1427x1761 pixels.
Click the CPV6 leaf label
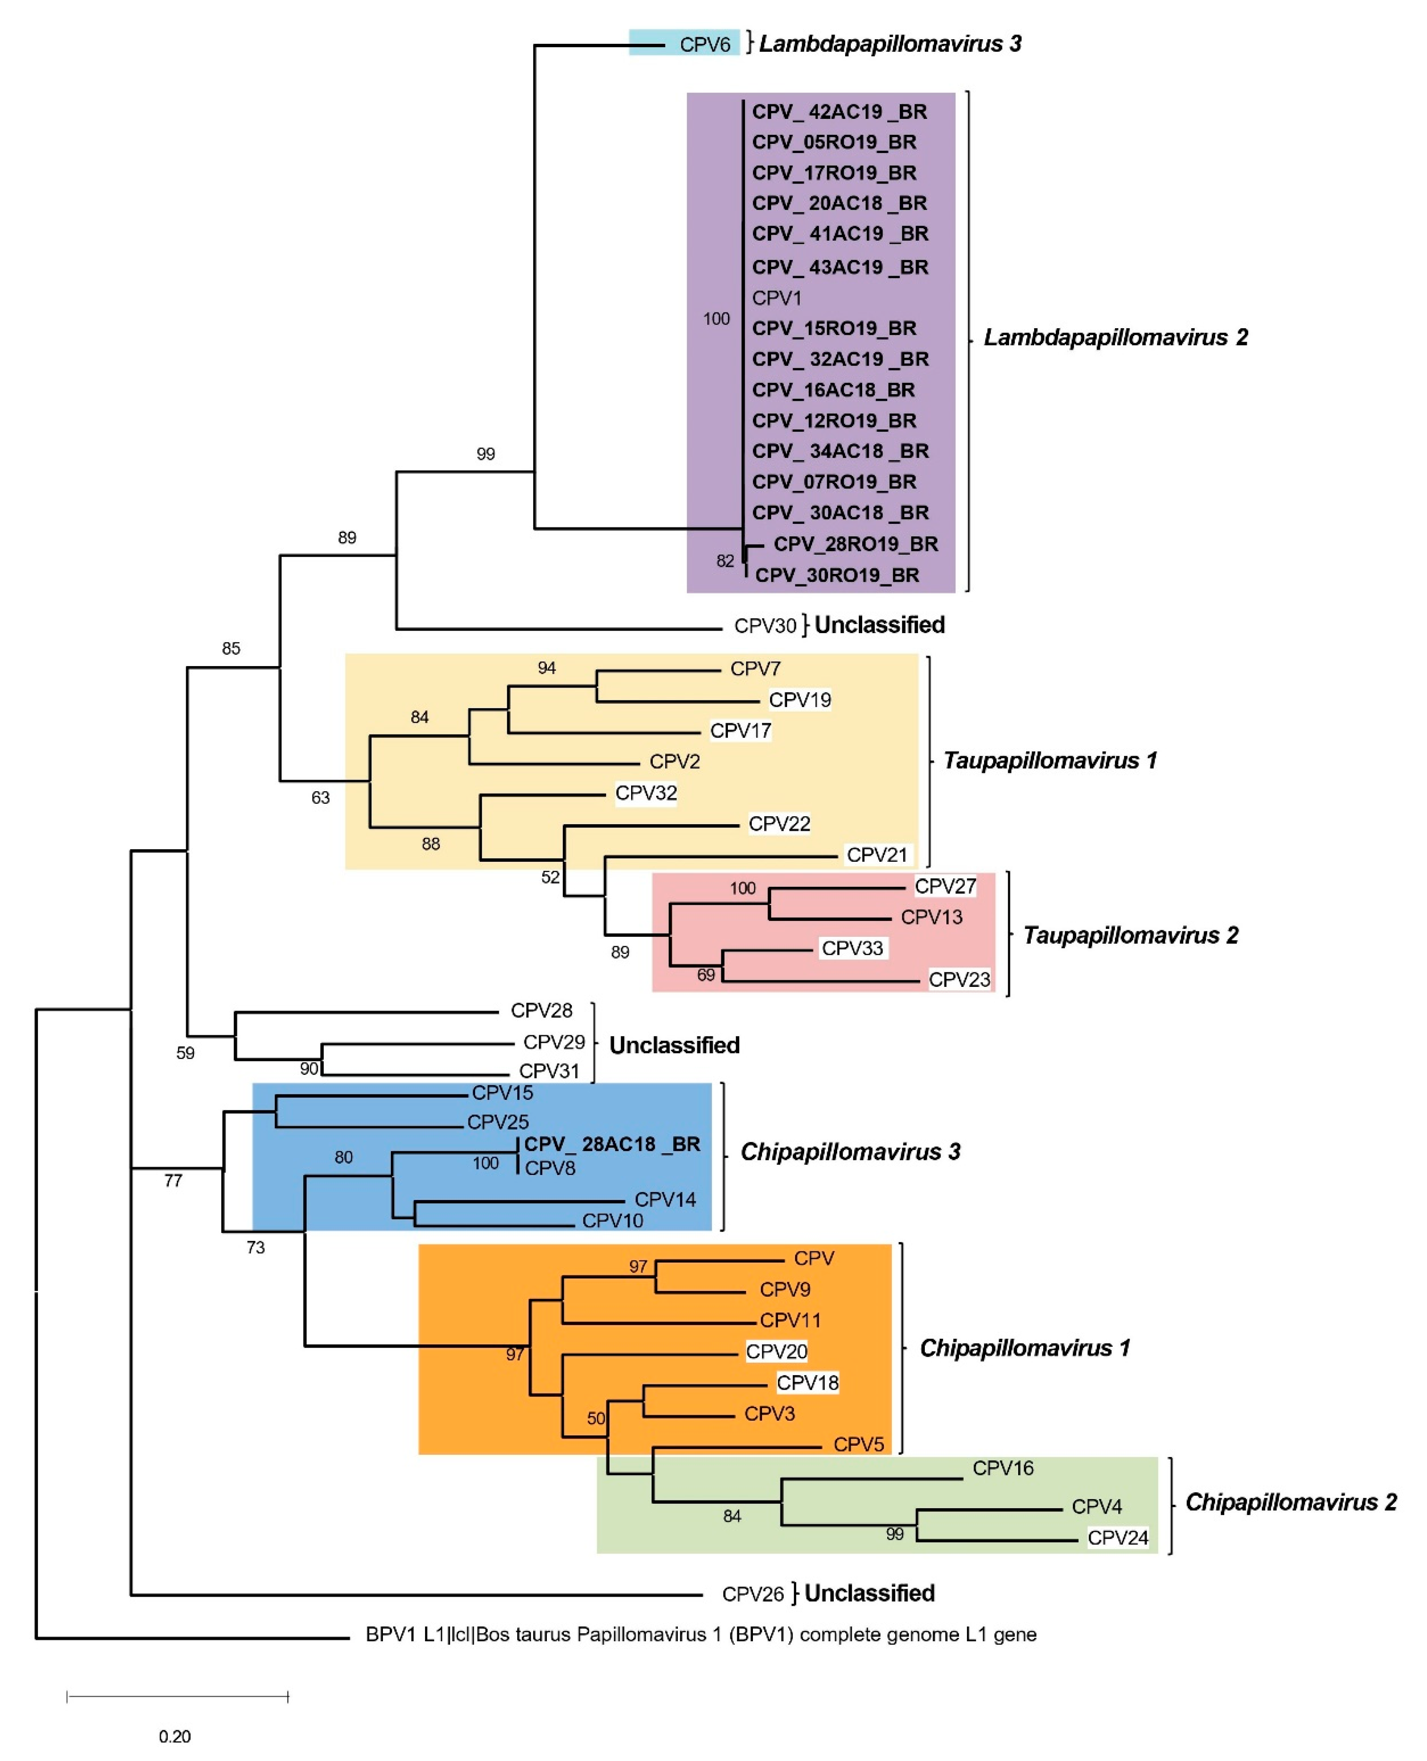click(x=705, y=44)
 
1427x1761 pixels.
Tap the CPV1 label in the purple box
click(x=776, y=297)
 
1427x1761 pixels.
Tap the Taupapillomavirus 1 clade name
click(x=1049, y=760)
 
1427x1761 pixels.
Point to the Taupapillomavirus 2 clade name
click(x=1130, y=935)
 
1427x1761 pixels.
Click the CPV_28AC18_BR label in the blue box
click(x=612, y=1144)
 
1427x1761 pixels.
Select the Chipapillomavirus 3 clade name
click(x=850, y=1151)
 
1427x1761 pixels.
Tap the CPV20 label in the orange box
click(x=776, y=1351)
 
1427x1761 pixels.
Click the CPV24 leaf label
click(x=1117, y=1537)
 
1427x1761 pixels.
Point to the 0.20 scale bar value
click(x=174, y=1736)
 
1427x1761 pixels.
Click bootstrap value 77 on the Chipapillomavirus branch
click(x=173, y=1181)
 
